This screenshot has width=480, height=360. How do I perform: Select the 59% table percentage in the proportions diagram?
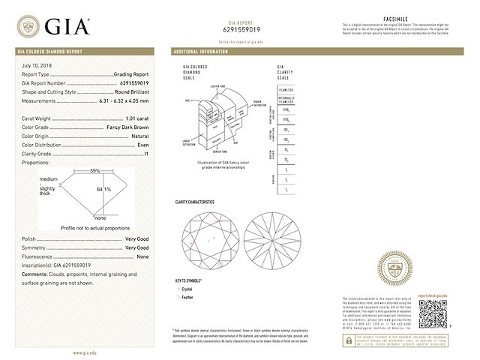(x=94, y=171)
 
